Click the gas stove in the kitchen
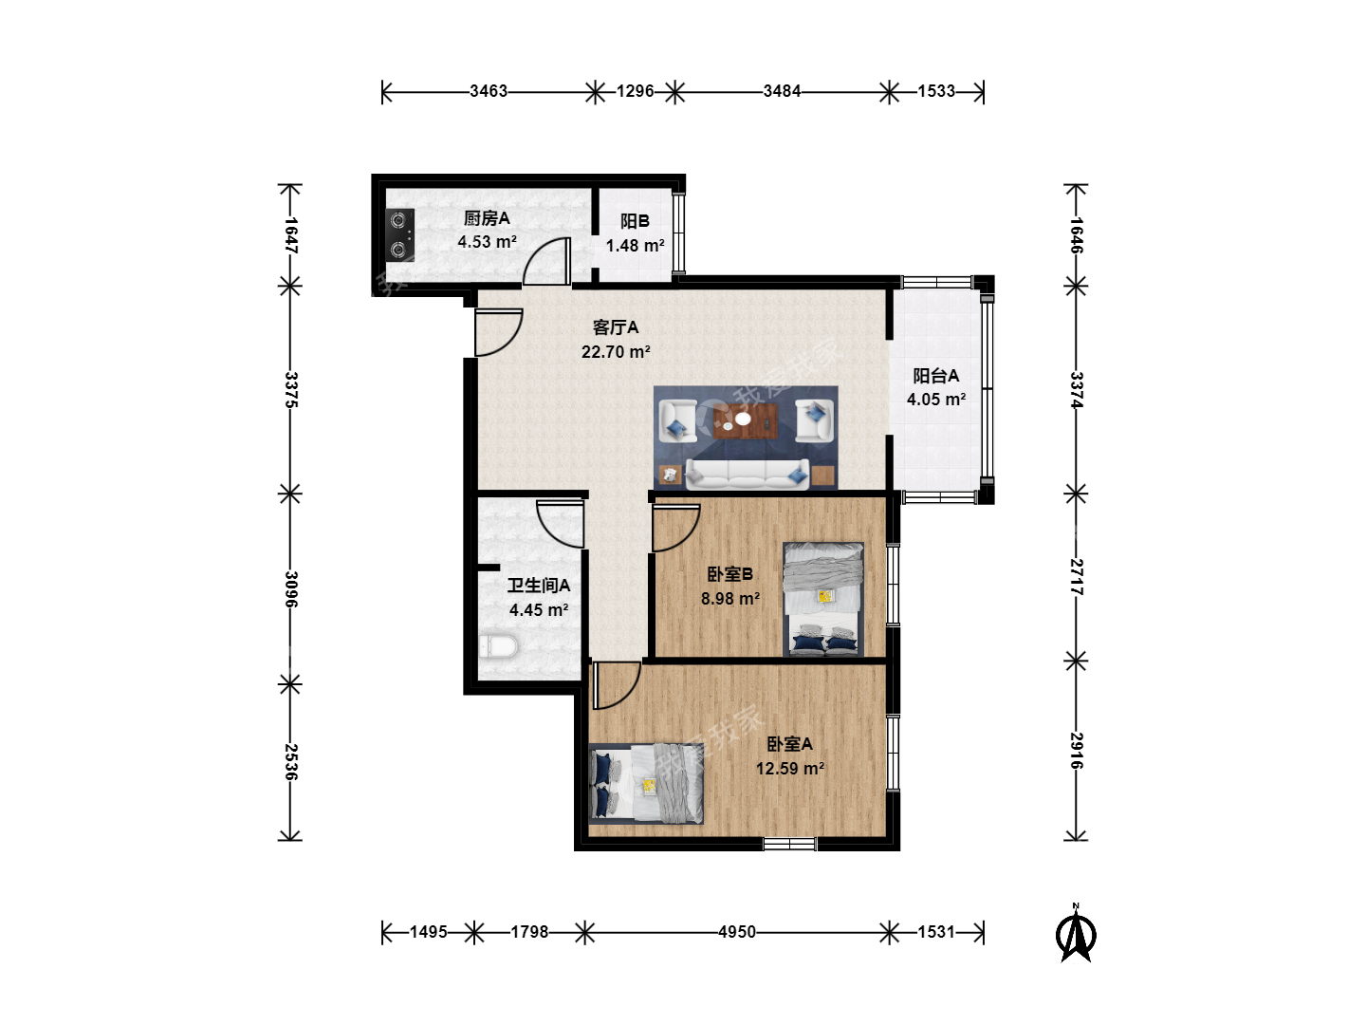[x=400, y=234]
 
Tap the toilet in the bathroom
[x=498, y=645]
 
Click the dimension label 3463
[x=489, y=91]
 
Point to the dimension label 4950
[x=737, y=932]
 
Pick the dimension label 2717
[x=1076, y=577]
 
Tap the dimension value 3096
[x=290, y=588]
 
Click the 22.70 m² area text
[x=616, y=351]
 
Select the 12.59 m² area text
[x=790, y=768]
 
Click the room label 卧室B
[x=730, y=574]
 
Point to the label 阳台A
[x=936, y=375]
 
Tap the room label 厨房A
[x=487, y=218]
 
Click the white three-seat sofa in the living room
[x=747, y=475]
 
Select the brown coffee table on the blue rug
[x=745, y=420]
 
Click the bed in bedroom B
[x=823, y=599]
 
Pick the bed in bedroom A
[x=646, y=784]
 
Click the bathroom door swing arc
[x=554, y=532]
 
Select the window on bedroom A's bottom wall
[x=790, y=844]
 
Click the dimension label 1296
[x=635, y=91]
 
